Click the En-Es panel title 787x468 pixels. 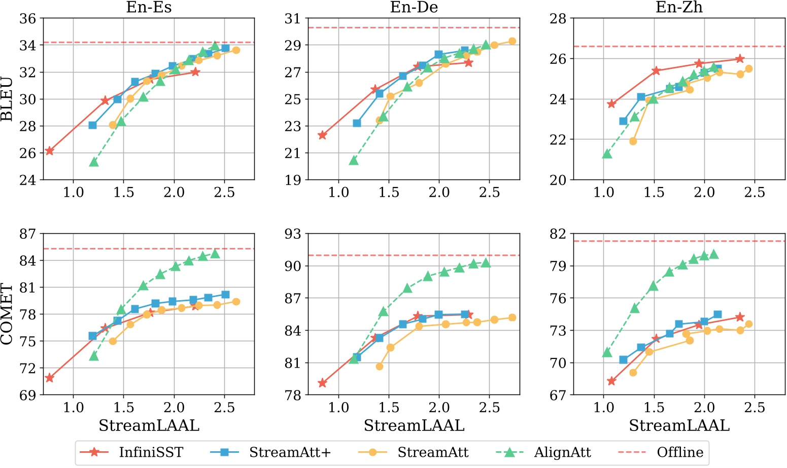[x=149, y=7]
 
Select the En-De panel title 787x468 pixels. [x=414, y=7]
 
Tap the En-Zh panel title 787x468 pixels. [x=679, y=7]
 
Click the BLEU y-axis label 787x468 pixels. [x=7, y=99]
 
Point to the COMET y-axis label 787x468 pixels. [x=7, y=314]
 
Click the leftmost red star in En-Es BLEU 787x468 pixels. [x=49, y=151]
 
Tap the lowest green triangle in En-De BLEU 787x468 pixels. [x=354, y=160]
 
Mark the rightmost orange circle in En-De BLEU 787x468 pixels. [x=512, y=41]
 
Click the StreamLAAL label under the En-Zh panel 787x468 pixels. [x=679, y=426]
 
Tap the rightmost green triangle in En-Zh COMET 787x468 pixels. [x=714, y=254]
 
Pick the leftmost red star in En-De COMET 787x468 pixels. [x=322, y=383]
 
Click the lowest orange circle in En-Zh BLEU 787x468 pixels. [x=633, y=141]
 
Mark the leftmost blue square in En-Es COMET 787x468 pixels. [x=92, y=336]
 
